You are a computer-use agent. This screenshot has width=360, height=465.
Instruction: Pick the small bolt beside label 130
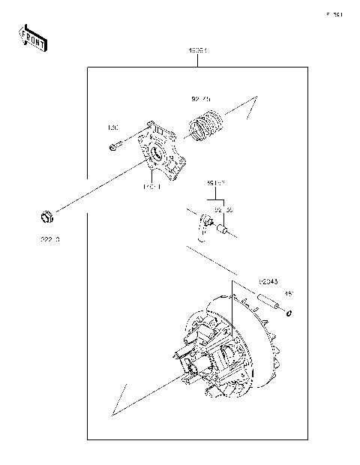coord(112,146)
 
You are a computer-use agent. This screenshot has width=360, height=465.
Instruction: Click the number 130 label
coord(114,127)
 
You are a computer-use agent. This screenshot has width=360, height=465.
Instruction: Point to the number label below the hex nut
coord(49,238)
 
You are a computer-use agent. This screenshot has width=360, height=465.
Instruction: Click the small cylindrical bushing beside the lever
coord(222,232)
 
